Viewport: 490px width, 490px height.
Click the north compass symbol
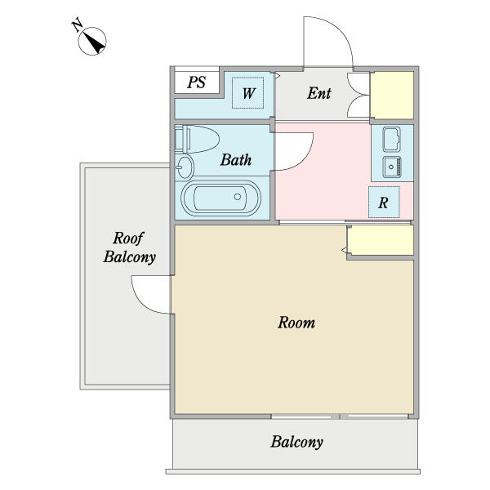pos(92,42)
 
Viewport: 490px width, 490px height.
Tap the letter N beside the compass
pos(77,25)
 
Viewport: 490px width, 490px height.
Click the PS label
pos(197,82)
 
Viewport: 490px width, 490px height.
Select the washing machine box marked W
pos(247,93)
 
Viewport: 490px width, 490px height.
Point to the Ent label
pos(319,93)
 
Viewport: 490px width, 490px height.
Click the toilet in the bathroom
pos(197,139)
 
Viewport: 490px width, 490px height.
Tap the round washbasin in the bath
pos(185,167)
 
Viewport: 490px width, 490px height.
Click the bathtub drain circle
pos(238,197)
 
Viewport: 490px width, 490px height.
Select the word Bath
pos(236,160)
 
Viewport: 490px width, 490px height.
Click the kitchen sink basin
pos(392,167)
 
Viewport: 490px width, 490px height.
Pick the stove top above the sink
pos(391,139)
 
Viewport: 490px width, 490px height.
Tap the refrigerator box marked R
pos(384,203)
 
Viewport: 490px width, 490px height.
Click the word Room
pos(296,323)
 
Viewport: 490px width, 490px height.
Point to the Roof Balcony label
pos(129,247)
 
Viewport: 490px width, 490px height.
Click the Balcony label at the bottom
pos(297,442)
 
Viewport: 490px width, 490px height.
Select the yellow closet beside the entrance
pos(392,95)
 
